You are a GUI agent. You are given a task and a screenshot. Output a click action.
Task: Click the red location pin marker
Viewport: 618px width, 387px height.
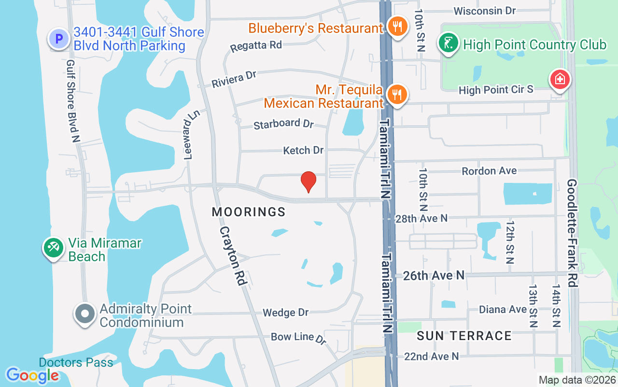[308, 182]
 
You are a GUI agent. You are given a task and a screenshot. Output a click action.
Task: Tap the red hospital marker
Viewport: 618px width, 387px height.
[560, 79]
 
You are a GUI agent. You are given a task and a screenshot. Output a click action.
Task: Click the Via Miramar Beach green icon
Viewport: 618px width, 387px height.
[53, 248]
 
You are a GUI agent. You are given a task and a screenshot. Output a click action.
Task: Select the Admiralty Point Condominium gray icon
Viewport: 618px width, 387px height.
[85, 313]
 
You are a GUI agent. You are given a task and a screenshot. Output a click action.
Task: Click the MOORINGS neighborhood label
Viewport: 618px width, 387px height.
[249, 212]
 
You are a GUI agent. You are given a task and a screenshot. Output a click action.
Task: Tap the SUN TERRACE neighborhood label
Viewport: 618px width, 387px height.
[464, 336]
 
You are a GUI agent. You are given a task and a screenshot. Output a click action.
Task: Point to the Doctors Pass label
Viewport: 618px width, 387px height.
[76, 362]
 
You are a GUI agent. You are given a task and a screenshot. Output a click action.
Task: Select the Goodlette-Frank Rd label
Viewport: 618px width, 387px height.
[572, 233]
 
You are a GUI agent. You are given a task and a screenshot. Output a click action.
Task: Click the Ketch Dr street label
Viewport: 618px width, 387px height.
[303, 150]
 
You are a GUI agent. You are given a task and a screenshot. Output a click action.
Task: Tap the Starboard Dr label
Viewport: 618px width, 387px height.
[283, 124]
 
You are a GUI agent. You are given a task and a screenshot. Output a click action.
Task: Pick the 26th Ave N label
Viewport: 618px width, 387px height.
[434, 275]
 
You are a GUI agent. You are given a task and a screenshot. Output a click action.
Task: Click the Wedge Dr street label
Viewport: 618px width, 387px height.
[285, 313]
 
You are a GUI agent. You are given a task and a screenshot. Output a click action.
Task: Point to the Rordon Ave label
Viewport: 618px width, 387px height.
[489, 171]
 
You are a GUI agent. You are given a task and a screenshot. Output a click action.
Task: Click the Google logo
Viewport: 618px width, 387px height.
[32, 375]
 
